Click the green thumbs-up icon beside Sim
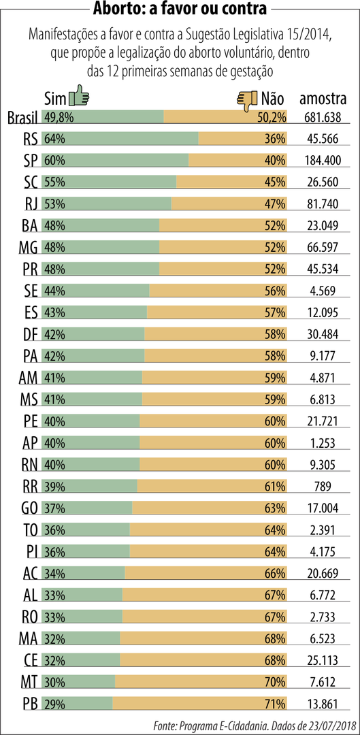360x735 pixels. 79,97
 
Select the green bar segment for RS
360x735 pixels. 120,138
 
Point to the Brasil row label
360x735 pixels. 22,118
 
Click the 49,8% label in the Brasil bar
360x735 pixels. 59,117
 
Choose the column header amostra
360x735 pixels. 323,99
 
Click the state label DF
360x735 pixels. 30,334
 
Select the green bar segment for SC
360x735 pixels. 109,182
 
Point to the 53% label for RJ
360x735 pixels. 54,203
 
